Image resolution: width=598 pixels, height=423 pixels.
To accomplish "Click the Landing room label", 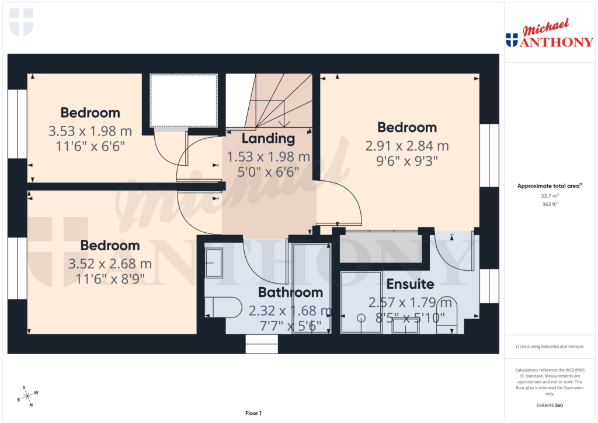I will tap(268, 139).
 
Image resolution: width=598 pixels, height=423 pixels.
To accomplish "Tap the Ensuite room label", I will tap(410, 285).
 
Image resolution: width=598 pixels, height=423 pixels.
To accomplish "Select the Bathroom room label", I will tap(290, 292).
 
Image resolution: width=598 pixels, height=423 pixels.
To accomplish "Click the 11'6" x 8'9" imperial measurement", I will tap(110, 278).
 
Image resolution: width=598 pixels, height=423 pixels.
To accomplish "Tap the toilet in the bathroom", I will tap(225, 307).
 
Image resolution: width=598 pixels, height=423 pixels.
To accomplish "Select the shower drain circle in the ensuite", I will tap(361, 318).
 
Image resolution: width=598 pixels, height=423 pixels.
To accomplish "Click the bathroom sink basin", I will tap(214, 263).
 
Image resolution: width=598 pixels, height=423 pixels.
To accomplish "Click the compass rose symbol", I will tap(27, 396).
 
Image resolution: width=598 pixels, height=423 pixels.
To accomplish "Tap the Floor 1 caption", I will tap(253, 413).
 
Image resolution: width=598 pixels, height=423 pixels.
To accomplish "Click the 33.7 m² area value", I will tap(549, 196).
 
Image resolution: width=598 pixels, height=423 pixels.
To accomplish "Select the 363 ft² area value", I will tap(549, 205).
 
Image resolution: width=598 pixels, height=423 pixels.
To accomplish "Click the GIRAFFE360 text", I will tap(549, 405).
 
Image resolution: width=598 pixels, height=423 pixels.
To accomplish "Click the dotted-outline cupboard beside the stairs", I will tap(183, 100).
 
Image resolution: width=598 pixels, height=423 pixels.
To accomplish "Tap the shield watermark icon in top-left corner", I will tap(21, 21).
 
